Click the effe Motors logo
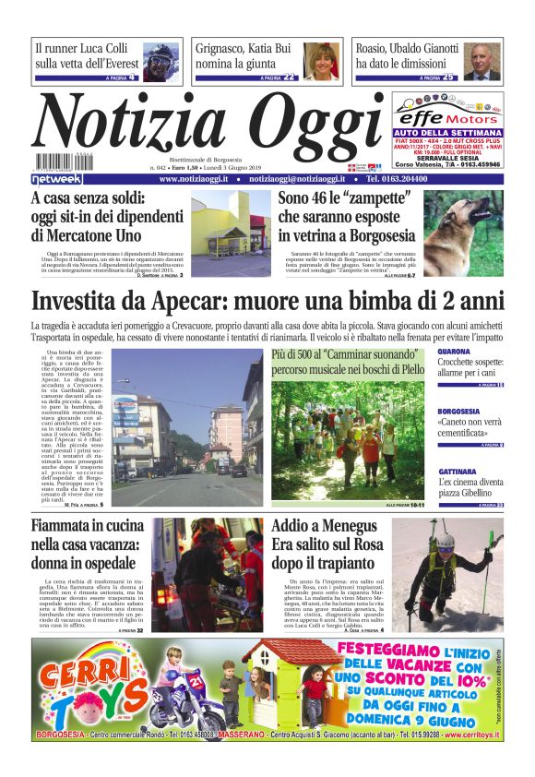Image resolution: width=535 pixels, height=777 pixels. pos(448,119)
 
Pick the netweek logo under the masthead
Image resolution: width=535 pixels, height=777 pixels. pos(56,178)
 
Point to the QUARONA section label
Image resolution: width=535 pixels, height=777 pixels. pos(454,352)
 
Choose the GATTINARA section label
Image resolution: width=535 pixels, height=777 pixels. pos(458,472)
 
